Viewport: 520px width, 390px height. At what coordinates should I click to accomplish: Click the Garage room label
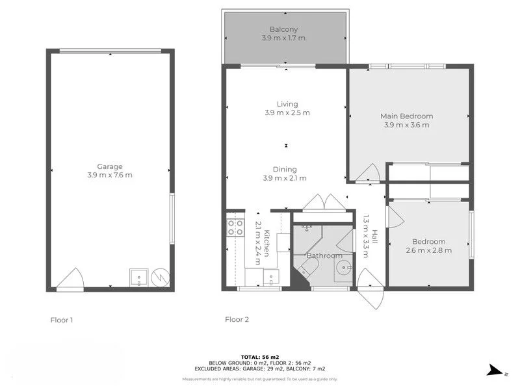(x=105, y=166)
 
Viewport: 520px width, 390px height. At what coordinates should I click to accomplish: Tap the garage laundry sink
(x=138, y=279)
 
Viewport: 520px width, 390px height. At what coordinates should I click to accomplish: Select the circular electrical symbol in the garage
(x=159, y=278)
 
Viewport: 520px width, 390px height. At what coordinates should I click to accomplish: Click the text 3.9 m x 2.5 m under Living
(x=287, y=113)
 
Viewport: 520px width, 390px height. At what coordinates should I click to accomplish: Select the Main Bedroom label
(x=406, y=116)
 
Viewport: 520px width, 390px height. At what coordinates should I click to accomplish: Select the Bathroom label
(x=324, y=255)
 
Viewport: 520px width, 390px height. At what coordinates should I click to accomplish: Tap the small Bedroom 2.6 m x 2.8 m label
(x=428, y=246)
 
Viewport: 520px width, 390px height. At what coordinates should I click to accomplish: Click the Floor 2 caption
(x=237, y=319)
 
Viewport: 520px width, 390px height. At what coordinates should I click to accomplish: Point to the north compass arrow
(x=496, y=371)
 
